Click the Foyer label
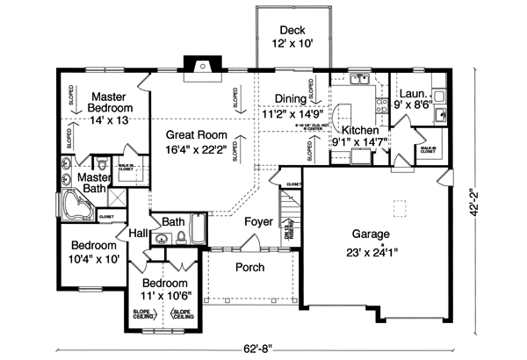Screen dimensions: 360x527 coord(258,222)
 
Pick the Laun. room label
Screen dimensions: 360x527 coord(413,94)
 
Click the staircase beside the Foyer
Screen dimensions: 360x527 coord(290,215)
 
